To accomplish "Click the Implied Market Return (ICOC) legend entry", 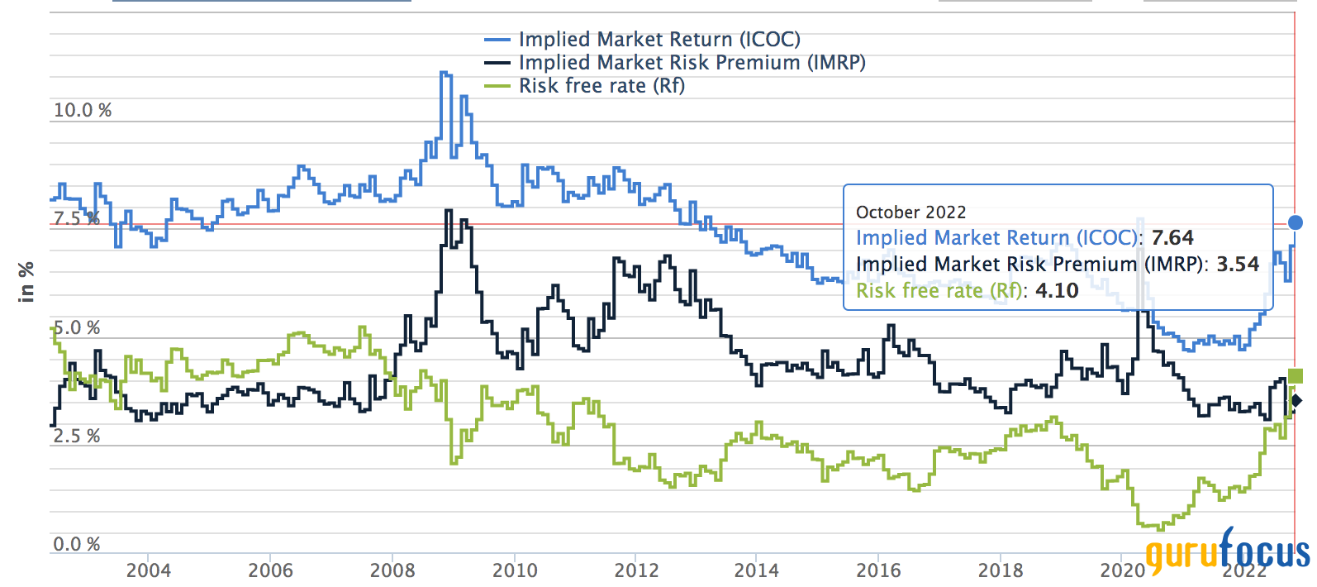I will pyautogui.click(x=658, y=40).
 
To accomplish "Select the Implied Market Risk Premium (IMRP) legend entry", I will pyautogui.click(x=692, y=63).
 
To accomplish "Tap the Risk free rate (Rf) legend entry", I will pyautogui.click(x=601, y=86).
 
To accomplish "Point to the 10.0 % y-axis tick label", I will pyautogui.click(x=83, y=111).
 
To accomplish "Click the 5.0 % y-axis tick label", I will pyautogui.click(x=77, y=328).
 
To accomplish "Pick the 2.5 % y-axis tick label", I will pyautogui.click(x=77, y=437).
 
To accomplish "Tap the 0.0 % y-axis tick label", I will pyautogui.click(x=77, y=545).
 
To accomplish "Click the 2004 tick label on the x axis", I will pyautogui.click(x=149, y=570).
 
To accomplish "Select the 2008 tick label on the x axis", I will pyautogui.click(x=392, y=570).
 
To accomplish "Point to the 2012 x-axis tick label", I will pyautogui.click(x=636, y=570).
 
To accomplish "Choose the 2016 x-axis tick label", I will pyautogui.click(x=878, y=570).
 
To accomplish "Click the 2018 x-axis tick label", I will pyautogui.click(x=1001, y=570).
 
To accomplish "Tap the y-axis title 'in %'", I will pyautogui.click(x=26, y=281).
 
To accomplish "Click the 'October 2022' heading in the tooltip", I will pyautogui.click(x=910, y=212).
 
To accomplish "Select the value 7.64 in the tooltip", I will pyautogui.click(x=1172, y=238).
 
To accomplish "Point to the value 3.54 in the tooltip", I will pyautogui.click(x=1238, y=265).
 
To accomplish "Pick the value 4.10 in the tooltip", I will pyautogui.click(x=1057, y=291).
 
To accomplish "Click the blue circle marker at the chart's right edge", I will pyautogui.click(x=1296, y=222).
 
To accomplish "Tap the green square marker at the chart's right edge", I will pyautogui.click(x=1296, y=376).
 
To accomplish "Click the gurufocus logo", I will pyautogui.click(x=1228, y=550).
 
